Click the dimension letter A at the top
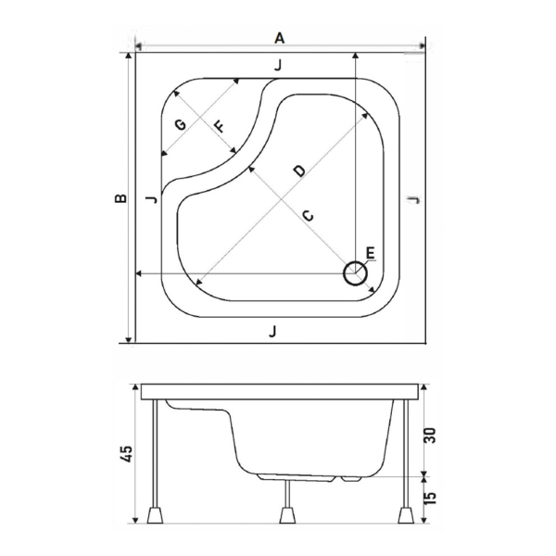(x=278, y=37)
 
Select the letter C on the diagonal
(x=309, y=215)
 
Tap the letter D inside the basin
(x=297, y=171)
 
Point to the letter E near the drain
(x=369, y=253)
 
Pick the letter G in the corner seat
(x=180, y=125)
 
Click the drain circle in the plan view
(x=355, y=273)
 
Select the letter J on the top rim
(x=278, y=65)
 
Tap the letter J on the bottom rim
(x=272, y=331)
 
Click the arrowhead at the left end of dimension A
(x=139, y=47)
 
